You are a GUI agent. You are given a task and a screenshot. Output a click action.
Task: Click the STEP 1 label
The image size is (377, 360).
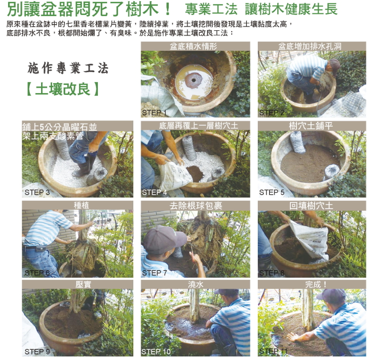pos(154,112)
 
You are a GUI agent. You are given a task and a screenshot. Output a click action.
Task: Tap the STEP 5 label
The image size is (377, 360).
pos(272,193)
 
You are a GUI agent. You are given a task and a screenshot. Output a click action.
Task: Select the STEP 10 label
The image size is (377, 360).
pos(156,352)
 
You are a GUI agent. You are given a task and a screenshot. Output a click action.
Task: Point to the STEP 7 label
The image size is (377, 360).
pos(154,273)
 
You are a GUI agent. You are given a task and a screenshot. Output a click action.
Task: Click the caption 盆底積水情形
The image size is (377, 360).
pos(194,46)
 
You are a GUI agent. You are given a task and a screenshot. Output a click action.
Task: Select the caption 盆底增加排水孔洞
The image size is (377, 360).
pos(310,46)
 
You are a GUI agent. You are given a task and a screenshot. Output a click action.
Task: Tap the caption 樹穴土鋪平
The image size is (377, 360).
pos(311,126)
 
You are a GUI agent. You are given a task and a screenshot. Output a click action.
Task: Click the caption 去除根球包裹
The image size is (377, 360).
pos(196,206)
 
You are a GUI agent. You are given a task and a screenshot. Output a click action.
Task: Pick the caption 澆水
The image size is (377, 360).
pos(195,285)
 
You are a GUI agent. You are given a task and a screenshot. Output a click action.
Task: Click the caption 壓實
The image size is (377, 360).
pos(83,285)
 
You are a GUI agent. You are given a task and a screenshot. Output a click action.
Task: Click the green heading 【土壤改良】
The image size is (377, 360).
pos(63,89)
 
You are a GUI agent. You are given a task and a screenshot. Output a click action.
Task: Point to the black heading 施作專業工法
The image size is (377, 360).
pos(68,68)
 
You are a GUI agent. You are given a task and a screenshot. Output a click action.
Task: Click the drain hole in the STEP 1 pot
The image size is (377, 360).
pos(194,80)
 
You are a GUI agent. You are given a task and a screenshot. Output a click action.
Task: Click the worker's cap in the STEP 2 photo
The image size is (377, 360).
pos(335,67)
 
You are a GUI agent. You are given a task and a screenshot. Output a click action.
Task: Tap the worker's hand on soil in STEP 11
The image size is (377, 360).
pos(294,337)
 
